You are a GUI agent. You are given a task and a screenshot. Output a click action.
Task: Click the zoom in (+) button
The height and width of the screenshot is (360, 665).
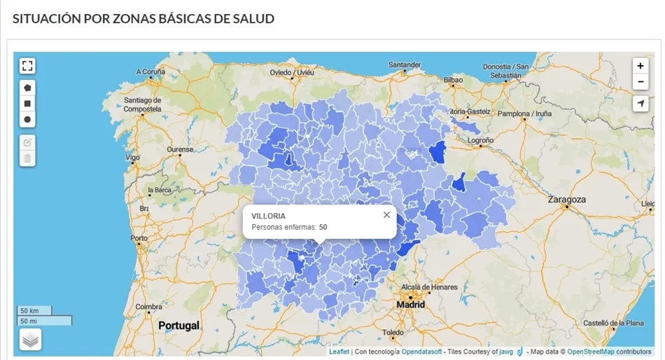coord(640,66)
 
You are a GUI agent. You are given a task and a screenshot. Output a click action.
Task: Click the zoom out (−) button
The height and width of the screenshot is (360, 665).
coord(640,82)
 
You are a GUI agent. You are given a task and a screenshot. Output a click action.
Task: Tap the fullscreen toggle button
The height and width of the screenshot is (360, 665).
coord(27,66)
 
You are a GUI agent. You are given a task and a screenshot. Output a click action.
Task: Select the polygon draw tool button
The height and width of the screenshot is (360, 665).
coord(27,88)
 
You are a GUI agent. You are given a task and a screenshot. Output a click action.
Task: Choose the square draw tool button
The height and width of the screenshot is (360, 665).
coord(27,104)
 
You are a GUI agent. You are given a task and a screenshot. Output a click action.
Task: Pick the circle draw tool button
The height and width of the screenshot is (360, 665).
coord(27,120)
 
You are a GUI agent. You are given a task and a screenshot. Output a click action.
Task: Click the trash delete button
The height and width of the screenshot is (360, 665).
coord(27,158)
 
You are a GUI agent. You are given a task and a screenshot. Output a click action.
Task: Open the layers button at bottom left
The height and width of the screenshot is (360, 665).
coord(30,340)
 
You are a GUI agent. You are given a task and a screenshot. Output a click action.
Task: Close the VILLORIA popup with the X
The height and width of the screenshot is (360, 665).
coord(386,215)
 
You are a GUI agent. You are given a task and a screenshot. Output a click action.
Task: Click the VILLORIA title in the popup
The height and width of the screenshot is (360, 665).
coord(268,216)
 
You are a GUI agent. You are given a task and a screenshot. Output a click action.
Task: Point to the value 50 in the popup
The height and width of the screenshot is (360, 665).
coord(323,227)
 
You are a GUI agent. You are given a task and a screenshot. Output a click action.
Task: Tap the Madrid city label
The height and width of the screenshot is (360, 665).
coord(410,305)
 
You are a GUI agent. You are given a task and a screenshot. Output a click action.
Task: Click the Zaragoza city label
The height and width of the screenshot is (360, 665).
coord(566,200)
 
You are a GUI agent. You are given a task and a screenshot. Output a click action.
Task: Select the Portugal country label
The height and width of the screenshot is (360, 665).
coord(178,326)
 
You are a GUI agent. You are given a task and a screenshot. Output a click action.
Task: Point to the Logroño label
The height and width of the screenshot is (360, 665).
coord(480,140)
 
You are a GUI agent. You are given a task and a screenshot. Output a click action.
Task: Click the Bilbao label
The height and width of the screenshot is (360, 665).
coord(453,81)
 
